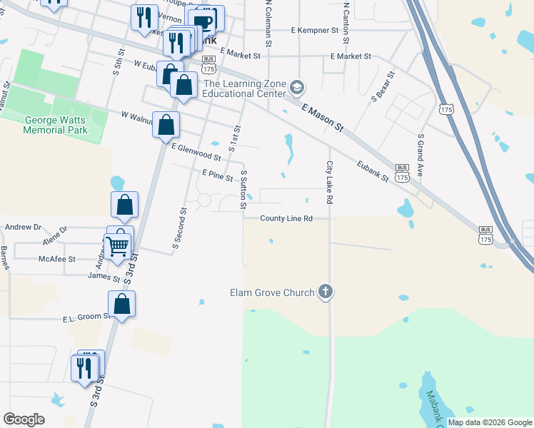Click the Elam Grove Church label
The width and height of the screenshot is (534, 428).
click(271, 292)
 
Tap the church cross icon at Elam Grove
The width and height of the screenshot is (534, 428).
click(326, 291)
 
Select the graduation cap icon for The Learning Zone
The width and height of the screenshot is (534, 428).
click(297, 88)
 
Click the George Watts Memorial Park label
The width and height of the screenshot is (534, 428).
click(55, 126)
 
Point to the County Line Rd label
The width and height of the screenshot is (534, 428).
click(286, 218)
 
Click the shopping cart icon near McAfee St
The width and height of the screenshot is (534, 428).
click(117, 247)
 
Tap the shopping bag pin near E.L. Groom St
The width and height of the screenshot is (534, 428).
click(123, 304)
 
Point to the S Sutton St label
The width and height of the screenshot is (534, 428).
click(243, 190)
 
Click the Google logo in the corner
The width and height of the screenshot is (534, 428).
click(24, 419)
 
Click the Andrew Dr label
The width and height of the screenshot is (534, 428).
click(24, 227)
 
